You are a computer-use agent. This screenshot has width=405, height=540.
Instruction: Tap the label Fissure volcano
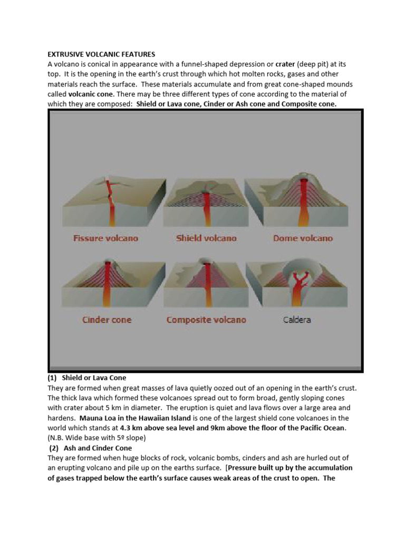pos(105,238)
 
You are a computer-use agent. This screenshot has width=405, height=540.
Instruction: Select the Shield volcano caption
pos(206,238)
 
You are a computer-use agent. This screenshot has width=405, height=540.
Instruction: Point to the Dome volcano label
pos(303,238)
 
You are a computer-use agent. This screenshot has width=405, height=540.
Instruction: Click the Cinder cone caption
pos(107,320)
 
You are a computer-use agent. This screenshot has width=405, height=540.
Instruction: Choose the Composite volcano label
pos(206,320)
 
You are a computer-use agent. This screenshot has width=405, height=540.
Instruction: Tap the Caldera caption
pos(297,320)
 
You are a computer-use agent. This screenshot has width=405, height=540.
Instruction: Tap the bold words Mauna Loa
pos(99,418)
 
